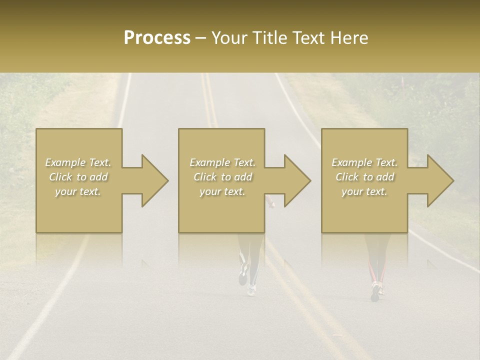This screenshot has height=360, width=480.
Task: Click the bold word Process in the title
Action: click(x=157, y=38)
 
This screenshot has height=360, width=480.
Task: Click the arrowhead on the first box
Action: click(x=153, y=180)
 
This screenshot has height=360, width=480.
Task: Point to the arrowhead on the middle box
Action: click(x=296, y=180)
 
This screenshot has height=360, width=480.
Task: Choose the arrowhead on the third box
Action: click(x=439, y=180)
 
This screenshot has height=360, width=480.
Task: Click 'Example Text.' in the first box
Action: click(x=78, y=162)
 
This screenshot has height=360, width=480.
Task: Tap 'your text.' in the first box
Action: click(x=78, y=191)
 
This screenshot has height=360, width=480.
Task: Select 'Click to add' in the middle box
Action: click(x=222, y=177)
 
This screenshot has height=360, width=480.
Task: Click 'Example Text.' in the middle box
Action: click(x=222, y=162)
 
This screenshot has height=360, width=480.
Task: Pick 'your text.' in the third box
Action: click(x=364, y=191)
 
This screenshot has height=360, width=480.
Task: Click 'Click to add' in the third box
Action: click(x=364, y=177)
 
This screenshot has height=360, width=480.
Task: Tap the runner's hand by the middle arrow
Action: click(x=271, y=203)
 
